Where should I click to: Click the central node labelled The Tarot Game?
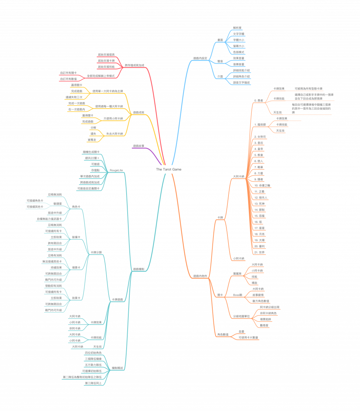[x=169, y=169]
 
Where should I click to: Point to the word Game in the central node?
[x=177, y=169]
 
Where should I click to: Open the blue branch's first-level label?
[x=200, y=58]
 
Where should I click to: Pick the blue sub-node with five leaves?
[x=220, y=41]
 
